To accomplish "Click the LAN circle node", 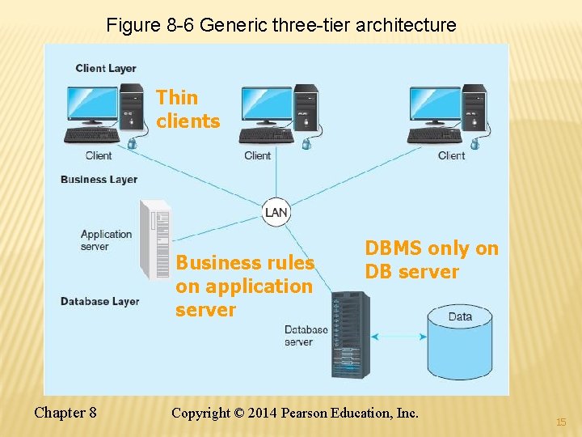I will (276, 213).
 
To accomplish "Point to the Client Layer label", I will (106, 69).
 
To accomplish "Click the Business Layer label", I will (99, 180).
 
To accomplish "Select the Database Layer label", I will (99, 301).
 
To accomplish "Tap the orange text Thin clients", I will (188, 109).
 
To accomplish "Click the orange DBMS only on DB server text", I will (432, 260).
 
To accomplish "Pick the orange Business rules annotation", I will (244, 286).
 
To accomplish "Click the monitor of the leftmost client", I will (92, 104).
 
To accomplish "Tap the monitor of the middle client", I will (266, 104).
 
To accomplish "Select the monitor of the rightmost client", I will (434, 104).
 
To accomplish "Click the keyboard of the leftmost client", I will (92, 135).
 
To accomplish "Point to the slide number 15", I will (561, 422).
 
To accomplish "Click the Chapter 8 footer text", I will (65, 413).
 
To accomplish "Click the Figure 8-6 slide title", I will (281, 25).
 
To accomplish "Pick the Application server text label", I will (106, 240).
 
